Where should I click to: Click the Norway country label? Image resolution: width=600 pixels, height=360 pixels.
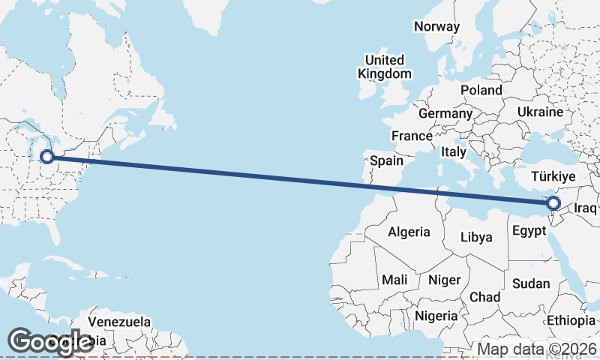click(436, 26)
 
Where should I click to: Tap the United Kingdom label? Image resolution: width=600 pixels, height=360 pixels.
click(385, 67)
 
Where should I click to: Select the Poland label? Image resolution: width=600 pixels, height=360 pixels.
click(481, 90)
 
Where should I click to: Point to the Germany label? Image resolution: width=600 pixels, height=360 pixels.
click(445, 113)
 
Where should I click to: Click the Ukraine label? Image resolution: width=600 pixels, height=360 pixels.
click(539, 112)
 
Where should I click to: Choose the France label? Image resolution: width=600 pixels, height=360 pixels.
click(412, 136)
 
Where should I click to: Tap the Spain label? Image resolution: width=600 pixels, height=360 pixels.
click(386, 160)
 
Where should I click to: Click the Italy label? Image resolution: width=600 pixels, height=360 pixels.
click(454, 151)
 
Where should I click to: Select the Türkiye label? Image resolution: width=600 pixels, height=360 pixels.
click(553, 177)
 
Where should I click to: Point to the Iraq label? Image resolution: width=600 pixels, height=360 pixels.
click(586, 208)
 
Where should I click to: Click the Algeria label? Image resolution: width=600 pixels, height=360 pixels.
click(409, 232)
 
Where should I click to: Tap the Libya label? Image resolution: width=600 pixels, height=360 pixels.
click(477, 237)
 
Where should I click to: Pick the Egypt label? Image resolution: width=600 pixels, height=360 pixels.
click(529, 232)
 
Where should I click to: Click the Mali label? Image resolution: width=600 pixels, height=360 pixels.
click(394, 280)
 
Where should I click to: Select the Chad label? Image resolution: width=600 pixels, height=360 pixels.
click(484, 297)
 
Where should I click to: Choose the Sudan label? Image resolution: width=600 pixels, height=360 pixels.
click(531, 283)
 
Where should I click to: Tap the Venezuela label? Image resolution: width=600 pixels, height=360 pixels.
click(119, 322)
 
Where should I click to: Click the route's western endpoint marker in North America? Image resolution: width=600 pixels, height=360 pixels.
click(47, 157)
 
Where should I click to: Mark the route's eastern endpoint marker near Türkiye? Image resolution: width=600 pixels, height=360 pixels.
click(553, 202)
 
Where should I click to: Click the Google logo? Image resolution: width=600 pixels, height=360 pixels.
click(50, 341)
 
